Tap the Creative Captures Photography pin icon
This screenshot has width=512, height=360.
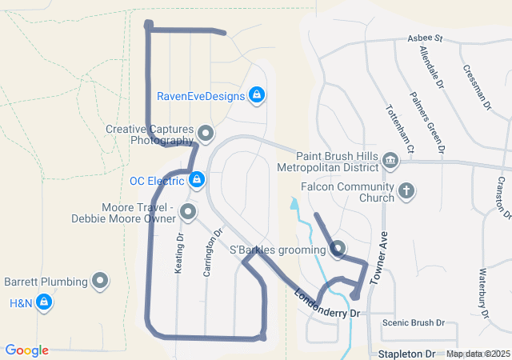206,134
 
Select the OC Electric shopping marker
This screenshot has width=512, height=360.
196,180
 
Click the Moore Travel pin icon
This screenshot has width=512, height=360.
188,212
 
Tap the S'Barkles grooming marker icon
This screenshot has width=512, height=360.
338,250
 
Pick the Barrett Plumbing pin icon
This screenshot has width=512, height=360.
100,281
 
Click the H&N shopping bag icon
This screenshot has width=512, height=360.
45,302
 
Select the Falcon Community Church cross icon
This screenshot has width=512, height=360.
406,192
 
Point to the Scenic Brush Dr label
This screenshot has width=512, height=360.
413,323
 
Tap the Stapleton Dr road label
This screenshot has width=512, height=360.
408,354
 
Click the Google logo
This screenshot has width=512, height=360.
26,350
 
